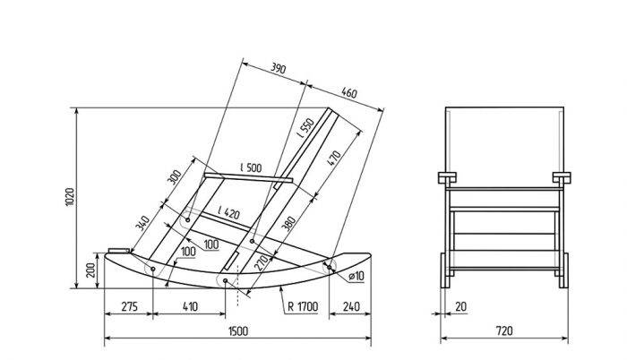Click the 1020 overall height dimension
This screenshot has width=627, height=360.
(x=70, y=197)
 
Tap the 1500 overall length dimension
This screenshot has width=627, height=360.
(x=238, y=331)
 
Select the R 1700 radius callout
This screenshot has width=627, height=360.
(x=303, y=307)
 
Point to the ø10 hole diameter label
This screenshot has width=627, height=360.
(x=356, y=276)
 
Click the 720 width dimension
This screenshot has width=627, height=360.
(x=503, y=330)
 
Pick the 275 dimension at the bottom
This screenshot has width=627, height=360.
(x=129, y=307)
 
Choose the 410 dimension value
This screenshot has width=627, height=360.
(x=190, y=307)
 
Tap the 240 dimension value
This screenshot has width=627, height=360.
(x=351, y=307)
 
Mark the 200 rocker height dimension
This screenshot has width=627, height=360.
(x=91, y=270)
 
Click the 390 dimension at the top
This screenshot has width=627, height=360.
(x=279, y=68)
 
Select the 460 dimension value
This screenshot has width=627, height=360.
(x=349, y=93)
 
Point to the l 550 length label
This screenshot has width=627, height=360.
(x=307, y=128)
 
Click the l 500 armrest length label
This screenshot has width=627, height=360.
(x=251, y=167)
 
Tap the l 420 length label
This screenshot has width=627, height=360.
(x=229, y=212)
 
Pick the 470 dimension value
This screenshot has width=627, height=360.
(x=334, y=158)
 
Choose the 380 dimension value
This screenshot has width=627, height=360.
(x=288, y=224)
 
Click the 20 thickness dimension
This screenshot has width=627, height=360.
(x=460, y=307)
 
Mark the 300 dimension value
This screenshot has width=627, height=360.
(x=174, y=177)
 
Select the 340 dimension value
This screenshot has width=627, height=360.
(x=142, y=223)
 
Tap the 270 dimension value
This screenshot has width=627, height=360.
(x=262, y=263)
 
